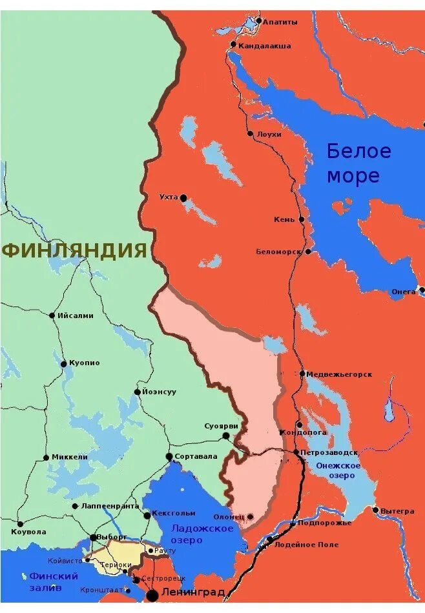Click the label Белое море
coord(358,163)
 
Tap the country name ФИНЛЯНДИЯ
coord(74,250)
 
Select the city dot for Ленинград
coord(152,594)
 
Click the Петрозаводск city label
coord(329,452)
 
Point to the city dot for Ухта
coord(183,197)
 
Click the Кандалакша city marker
coord(233,45)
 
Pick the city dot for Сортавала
coord(169,456)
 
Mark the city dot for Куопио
coord(63,364)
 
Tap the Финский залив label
coord(54,581)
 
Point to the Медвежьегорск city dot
coord(302,374)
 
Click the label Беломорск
coord(278,252)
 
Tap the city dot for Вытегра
coord(375,510)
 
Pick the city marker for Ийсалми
coord(52,316)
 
